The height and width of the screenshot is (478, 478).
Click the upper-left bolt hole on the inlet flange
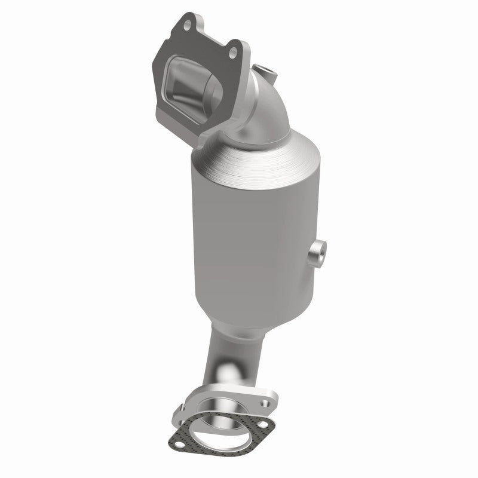(x=186, y=24)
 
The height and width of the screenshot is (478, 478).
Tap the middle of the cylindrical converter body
(x=257, y=239)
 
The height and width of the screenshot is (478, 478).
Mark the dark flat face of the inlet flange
(x=164, y=66)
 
